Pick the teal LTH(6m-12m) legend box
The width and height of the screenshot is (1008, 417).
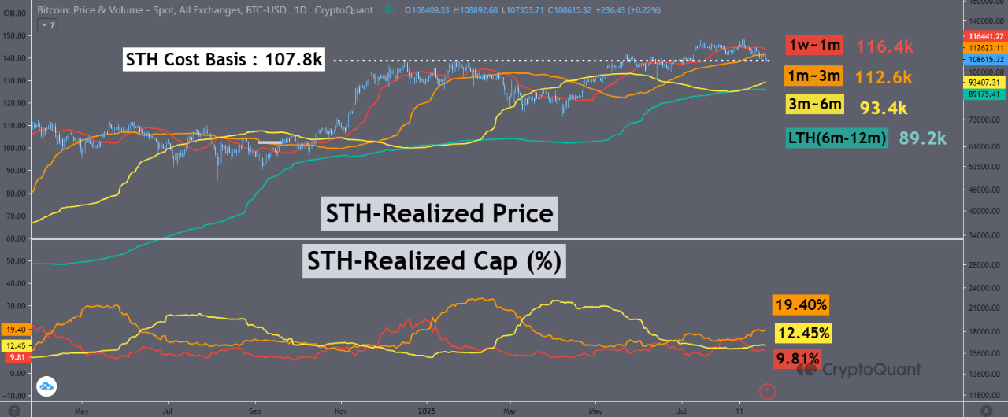(837, 138)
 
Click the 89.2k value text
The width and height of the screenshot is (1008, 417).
(922, 138)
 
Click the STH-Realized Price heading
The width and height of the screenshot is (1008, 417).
(440, 214)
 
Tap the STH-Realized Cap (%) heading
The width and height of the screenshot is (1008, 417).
(434, 260)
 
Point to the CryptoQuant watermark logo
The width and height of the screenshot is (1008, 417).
(861, 367)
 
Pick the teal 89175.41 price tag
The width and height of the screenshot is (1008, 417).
(985, 94)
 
